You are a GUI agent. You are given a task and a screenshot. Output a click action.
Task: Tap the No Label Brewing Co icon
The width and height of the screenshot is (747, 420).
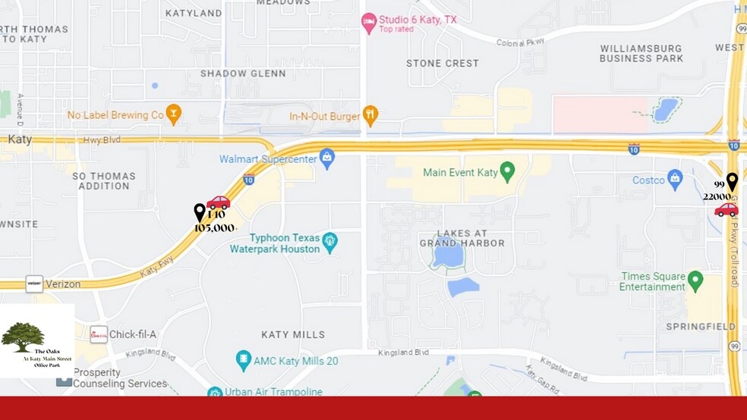[x=174, y=114]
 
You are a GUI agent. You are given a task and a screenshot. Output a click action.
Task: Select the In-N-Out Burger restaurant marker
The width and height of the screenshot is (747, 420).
[x=370, y=115]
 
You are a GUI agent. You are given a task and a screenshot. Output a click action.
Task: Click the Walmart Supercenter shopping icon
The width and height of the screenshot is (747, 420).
[x=327, y=158]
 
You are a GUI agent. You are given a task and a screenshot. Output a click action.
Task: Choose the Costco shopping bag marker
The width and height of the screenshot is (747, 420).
[x=675, y=179]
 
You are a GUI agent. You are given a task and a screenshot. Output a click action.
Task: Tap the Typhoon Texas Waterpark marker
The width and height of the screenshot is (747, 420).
[x=329, y=243]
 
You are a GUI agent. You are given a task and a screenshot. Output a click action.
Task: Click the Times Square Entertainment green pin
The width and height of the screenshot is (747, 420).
[x=695, y=281]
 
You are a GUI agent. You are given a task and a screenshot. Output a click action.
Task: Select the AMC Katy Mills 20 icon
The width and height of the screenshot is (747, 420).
[x=244, y=360]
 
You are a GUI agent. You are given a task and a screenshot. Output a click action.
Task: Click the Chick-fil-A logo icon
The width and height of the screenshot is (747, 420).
[x=99, y=335]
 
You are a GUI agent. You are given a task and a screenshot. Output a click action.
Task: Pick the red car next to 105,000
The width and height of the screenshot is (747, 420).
[x=219, y=202]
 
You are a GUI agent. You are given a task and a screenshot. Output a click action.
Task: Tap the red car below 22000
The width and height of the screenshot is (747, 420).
[x=726, y=209]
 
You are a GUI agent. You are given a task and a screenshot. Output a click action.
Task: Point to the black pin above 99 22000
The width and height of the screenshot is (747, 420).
[x=732, y=181]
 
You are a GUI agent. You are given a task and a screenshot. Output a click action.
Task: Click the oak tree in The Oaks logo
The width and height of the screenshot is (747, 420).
[x=23, y=336]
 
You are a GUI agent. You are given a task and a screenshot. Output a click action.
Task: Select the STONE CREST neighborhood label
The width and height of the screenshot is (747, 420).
[x=443, y=63]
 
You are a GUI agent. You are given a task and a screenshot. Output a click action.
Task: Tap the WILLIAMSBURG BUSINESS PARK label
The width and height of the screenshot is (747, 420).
[x=641, y=53]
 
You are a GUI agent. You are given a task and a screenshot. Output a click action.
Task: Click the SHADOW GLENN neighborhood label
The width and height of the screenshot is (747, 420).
[x=243, y=74]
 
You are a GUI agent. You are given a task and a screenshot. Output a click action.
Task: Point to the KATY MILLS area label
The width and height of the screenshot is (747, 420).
[x=293, y=334]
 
